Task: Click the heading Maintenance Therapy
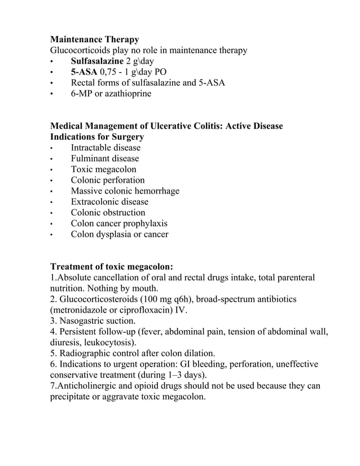coord(95,39)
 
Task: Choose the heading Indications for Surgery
coord(97,137)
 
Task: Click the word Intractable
coord(91,148)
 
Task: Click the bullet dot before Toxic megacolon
coord(52,170)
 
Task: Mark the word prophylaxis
coord(146,223)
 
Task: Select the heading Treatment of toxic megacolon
coord(112,266)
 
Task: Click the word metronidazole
coord(82,310)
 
